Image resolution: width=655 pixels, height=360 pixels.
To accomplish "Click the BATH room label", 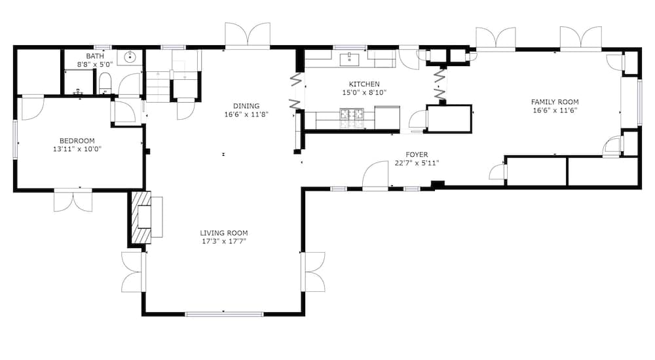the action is click(95, 56).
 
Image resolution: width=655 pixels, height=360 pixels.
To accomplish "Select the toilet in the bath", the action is click(105, 84).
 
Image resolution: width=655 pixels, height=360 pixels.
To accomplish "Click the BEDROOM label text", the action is click(77, 141).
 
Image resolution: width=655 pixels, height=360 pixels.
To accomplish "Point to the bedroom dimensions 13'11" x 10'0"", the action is click(77, 149).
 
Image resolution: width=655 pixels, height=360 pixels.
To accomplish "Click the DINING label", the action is click(246, 105).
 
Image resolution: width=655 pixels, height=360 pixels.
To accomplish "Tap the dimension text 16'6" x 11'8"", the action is click(246, 114).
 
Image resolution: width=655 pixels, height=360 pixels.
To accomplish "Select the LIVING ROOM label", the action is click(224, 232).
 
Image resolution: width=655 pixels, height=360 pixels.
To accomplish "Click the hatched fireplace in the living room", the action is click(141, 217).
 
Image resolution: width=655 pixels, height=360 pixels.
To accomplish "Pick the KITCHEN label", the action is click(364, 84).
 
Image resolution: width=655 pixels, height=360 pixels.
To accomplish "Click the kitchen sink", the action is click(350, 60).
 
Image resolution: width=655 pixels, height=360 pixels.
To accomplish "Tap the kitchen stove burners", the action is click(352, 118).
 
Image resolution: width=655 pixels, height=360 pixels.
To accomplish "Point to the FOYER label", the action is click(417, 154).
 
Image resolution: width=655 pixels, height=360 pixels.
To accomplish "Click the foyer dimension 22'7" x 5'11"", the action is click(417, 163).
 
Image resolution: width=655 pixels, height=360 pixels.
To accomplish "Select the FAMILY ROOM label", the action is click(555, 101).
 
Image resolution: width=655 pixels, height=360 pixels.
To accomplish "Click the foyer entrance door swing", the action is click(375, 176).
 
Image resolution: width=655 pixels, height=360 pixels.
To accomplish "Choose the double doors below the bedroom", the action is click(73, 200).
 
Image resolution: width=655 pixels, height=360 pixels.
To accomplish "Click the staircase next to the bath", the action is click(159, 86).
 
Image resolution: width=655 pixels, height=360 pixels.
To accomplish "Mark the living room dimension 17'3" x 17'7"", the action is click(224, 241).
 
